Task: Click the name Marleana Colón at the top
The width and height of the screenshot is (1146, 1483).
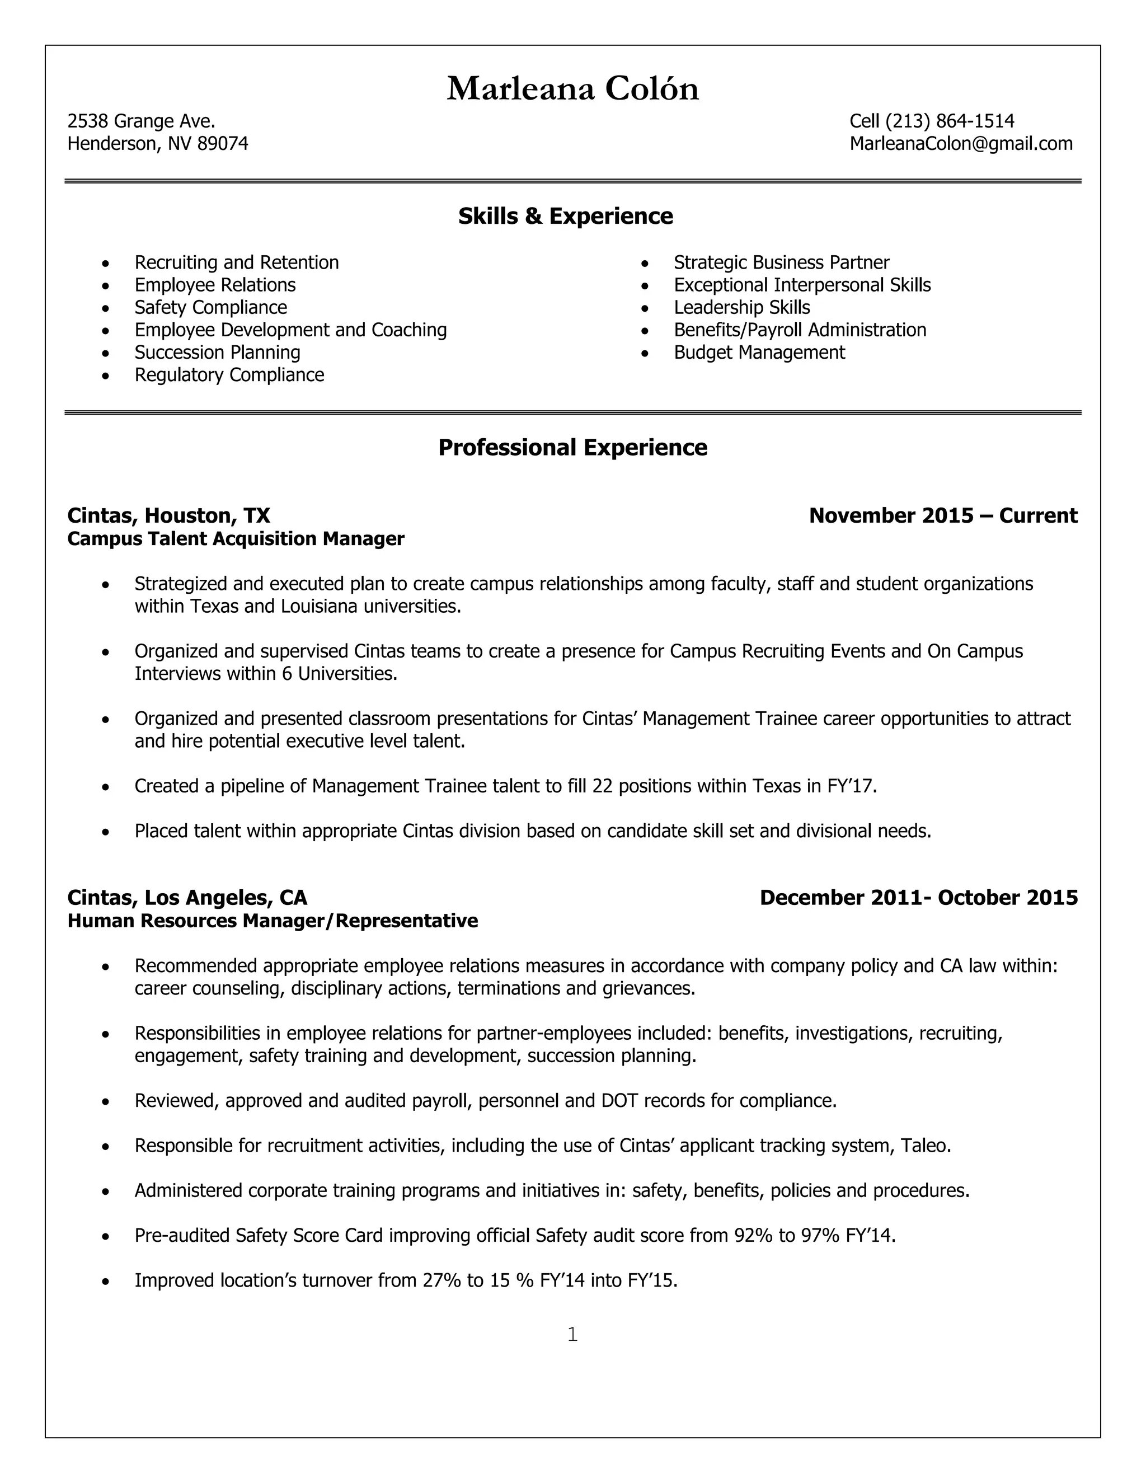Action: pyautogui.click(x=572, y=89)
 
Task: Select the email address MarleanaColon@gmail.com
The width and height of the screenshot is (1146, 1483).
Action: pyautogui.click(x=961, y=144)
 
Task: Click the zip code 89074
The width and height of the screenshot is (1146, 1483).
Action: pyautogui.click(x=223, y=144)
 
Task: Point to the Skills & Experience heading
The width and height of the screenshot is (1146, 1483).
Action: pyautogui.click(x=566, y=217)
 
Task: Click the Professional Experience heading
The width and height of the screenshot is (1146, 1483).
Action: pyautogui.click(x=572, y=448)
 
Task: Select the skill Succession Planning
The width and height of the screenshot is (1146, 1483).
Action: pyautogui.click(x=217, y=353)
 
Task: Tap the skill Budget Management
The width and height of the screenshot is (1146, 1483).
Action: pyautogui.click(x=759, y=353)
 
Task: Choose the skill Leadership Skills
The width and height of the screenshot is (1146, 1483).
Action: pyautogui.click(x=741, y=308)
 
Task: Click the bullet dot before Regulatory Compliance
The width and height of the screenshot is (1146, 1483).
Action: pyautogui.click(x=105, y=376)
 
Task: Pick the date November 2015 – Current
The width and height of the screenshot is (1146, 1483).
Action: pyautogui.click(x=942, y=516)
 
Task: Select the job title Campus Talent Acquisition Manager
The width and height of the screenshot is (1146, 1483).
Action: pyautogui.click(x=236, y=539)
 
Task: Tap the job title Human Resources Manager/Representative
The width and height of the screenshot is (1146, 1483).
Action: pyautogui.click(x=273, y=921)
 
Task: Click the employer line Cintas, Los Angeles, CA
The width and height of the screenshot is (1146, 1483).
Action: pyautogui.click(x=187, y=898)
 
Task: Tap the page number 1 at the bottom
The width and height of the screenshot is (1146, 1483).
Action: pyautogui.click(x=572, y=1335)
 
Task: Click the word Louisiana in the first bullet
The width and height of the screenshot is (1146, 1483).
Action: pyautogui.click(x=318, y=607)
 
